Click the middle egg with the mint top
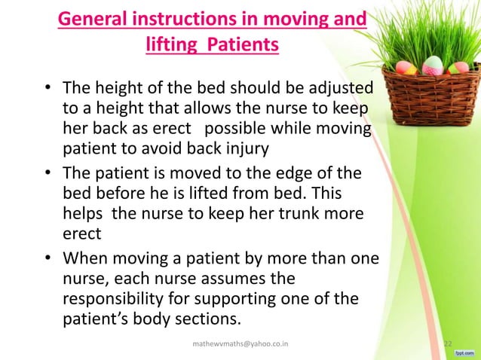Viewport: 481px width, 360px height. [432, 65]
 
